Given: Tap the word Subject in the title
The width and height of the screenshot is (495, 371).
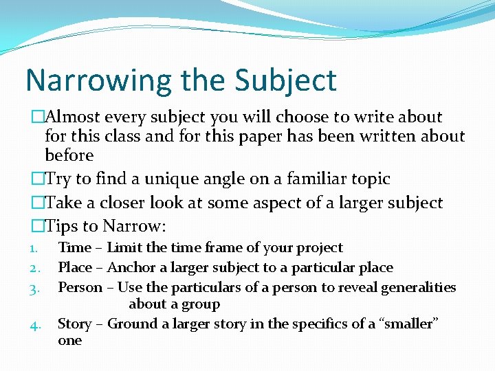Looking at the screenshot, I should [x=286, y=80].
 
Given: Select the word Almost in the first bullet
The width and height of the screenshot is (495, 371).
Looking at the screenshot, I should [x=77, y=117].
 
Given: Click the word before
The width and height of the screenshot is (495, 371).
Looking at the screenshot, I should [x=69, y=155].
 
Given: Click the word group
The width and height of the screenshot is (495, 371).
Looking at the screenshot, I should [x=200, y=304].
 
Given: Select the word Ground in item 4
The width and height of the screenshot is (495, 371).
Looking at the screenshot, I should [x=132, y=324].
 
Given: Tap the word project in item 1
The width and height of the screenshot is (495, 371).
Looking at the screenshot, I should [x=320, y=248].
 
